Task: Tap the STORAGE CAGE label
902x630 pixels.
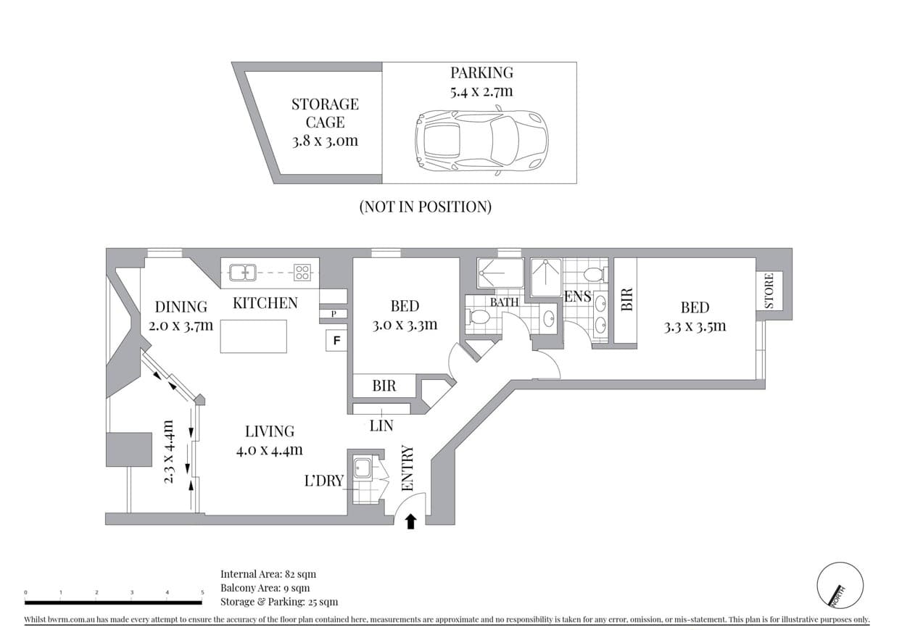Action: pos(325,113)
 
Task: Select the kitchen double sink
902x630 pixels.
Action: pos(242,272)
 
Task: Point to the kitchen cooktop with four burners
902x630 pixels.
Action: pos(302,272)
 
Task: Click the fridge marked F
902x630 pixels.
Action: pos(336,341)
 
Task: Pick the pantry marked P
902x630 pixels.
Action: pos(334,314)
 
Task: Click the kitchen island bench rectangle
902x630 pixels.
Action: pos(253,336)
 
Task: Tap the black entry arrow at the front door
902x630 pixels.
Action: pos(410,521)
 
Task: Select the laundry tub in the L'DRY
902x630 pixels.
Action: pos(363,468)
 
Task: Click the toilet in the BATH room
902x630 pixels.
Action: pos(477,316)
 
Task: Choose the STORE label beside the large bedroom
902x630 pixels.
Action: pos(769,291)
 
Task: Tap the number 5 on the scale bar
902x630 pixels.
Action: pos(202,592)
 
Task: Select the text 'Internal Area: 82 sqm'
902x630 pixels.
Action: pos(268,573)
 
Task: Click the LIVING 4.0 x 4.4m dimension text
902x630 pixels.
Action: pos(270,449)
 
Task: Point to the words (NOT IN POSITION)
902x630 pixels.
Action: pos(425,207)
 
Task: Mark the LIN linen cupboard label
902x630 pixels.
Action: pos(381,426)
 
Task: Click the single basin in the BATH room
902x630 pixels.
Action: pos(548,319)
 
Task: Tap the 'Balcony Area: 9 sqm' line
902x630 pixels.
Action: pos(265,588)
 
